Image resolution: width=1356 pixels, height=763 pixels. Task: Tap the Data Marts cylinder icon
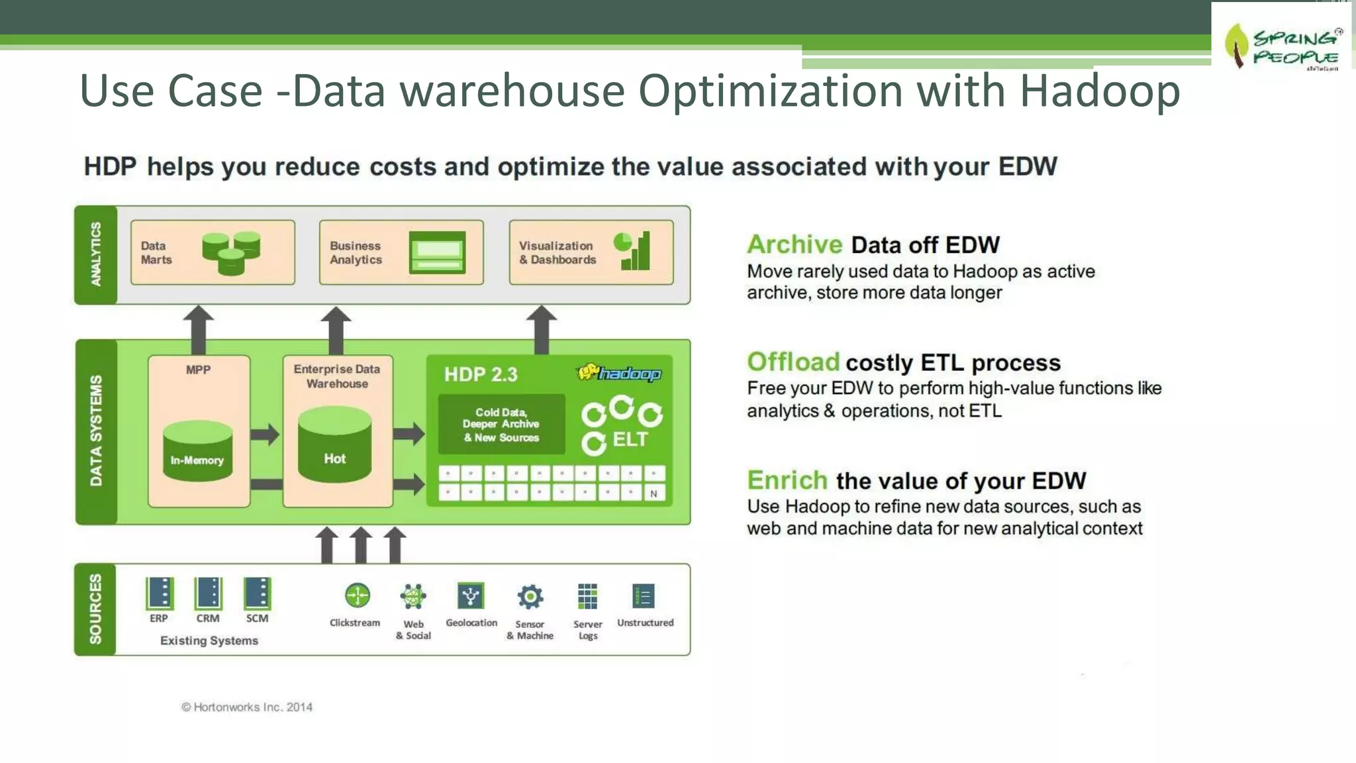pyautogui.click(x=231, y=253)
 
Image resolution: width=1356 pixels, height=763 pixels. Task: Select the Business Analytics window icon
pyautogui.click(x=437, y=252)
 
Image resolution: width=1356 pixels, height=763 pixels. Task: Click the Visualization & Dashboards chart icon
pyautogui.click(x=632, y=251)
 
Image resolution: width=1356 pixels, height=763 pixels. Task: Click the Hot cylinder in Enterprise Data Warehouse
pyautogui.click(x=334, y=444)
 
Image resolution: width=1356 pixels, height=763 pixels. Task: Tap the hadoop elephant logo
pyautogui.click(x=618, y=374)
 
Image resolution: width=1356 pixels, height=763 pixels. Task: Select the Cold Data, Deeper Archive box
pyautogui.click(x=501, y=425)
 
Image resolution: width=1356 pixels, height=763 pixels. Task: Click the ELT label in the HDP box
pyautogui.click(x=630, y=439)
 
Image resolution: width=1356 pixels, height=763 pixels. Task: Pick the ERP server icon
pyautogui.click(x=159, y=593)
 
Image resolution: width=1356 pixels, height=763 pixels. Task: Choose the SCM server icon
pyautogui.click(x=257, y=593)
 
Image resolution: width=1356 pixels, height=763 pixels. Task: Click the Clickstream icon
pyautogui.click(x=357, y=595)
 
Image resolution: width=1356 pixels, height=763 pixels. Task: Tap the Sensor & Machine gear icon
pyautogui.click(x=530, y=597)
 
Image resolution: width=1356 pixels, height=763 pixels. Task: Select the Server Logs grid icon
pyautogui.click(x=587, y=596)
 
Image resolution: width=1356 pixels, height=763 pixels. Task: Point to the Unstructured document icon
pyautogui.click(x=644, y=596)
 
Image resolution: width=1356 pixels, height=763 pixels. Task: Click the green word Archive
pyautogui.click(x=795, y=244)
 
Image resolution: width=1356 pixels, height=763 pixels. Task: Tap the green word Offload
pyautogui.click(x=793, y=362)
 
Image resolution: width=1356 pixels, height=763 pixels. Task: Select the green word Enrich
pyautogui.click(x=787, y=480)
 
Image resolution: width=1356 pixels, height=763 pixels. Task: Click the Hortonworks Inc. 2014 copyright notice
pyautogui.click(x=247, y=707)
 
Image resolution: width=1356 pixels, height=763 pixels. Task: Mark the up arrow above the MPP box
pyautogui.click(x=198, y=329)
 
